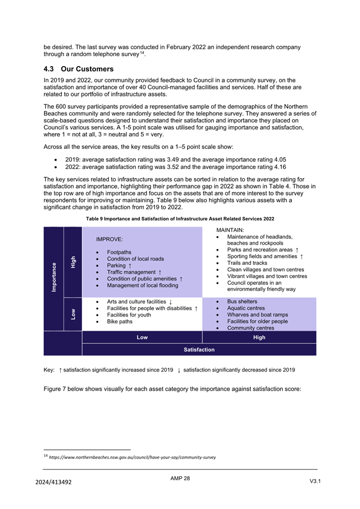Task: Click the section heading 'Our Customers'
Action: (87, 69)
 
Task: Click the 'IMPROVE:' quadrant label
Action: (109, 240)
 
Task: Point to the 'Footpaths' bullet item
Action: (119, 252)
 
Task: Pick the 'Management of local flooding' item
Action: (142, 286)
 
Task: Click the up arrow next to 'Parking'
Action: (130, 265)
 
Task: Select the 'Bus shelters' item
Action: (242, 302)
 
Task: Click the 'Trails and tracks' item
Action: (247, 263)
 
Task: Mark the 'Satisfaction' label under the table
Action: (199, 350)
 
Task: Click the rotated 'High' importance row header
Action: (73, 261)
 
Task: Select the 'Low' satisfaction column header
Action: (142, 337)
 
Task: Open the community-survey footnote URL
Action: (132, 457)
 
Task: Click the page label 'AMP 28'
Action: (180, 479)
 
